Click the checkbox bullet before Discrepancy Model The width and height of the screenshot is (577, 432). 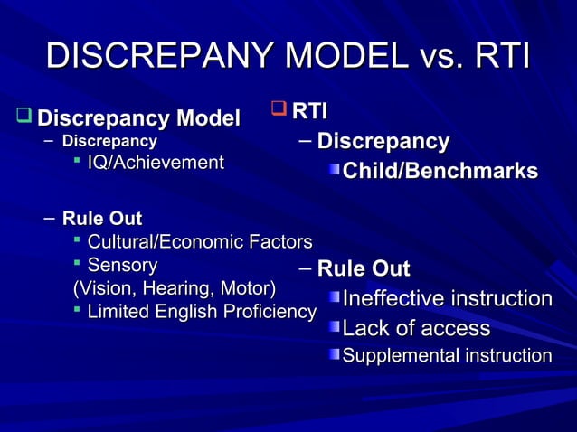point(24,117)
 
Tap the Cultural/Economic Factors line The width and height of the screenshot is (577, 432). point(199,241)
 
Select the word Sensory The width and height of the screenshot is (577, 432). point(122,265)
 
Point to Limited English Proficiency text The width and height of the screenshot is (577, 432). point(201,312)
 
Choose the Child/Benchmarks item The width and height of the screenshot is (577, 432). point(440,171)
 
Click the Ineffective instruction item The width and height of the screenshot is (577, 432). point(447,299)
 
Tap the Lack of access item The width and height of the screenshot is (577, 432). point(416,328)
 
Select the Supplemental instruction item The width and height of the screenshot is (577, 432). point(446,355)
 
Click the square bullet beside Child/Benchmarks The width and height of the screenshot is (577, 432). point(335,171)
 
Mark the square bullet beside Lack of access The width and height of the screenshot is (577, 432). point(335,328)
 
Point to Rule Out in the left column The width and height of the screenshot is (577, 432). point(101,218)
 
